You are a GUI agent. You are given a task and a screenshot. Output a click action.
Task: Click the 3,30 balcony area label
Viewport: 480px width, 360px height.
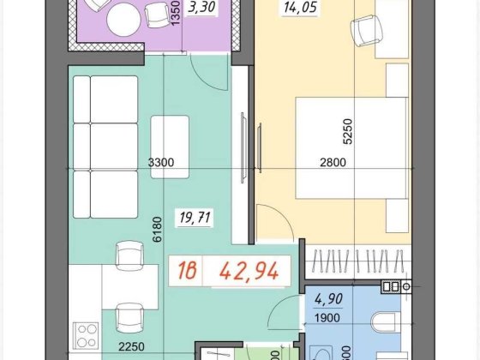(x=201, y=9)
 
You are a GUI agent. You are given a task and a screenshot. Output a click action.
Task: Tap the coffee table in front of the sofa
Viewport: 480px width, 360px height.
(x=171, y=146)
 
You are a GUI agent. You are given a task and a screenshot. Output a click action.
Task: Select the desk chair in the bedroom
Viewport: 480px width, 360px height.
(x=364, y=32)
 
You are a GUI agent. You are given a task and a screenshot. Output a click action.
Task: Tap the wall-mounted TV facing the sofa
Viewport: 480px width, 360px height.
(x=248, y=147)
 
